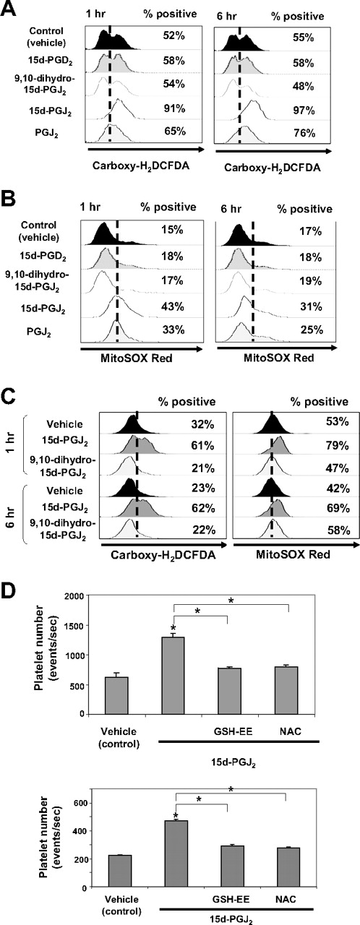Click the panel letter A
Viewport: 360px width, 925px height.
coord(9,9)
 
